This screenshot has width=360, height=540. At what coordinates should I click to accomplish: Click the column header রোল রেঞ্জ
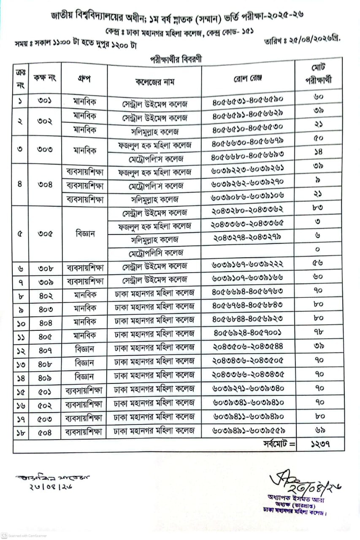coord(248,79)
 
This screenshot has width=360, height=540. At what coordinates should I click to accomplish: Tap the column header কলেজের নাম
coord(154,81)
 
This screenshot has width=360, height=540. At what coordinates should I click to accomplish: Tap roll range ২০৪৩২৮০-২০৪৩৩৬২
coord(247,212)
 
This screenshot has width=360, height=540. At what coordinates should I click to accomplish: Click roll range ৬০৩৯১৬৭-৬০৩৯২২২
coord(247,266)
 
